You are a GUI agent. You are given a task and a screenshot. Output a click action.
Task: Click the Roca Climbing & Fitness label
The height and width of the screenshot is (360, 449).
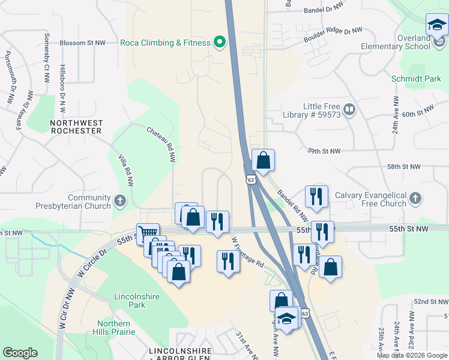pos(165,43)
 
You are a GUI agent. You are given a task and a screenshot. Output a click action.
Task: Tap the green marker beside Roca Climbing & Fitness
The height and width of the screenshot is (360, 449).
pos(220,43)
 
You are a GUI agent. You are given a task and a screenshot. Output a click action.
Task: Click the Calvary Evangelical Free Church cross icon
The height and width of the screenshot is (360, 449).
pos(415,198)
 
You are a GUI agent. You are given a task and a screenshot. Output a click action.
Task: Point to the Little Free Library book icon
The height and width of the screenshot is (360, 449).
pos(349,109)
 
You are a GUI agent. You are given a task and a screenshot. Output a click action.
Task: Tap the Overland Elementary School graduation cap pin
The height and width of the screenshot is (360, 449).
pos(436,25)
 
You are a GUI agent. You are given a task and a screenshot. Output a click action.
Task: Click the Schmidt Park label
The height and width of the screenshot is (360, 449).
pos(424,79)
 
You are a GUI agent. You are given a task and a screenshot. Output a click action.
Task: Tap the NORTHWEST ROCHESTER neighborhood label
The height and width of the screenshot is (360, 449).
pos(76,127)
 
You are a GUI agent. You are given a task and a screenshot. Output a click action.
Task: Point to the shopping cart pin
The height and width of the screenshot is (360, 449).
pos(147,233)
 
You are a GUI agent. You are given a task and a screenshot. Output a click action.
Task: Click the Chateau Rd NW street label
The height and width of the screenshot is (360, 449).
pos(161,144)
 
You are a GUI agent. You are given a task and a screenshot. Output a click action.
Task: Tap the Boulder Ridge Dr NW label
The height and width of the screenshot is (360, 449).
pos(333,35)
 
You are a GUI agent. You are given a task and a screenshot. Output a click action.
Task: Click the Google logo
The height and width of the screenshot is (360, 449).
pos(20,353)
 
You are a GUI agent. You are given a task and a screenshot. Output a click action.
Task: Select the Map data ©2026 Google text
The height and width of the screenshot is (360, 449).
pos(412,355)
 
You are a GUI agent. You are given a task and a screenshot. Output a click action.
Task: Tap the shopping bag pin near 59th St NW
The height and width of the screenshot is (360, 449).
pos(263,160)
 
